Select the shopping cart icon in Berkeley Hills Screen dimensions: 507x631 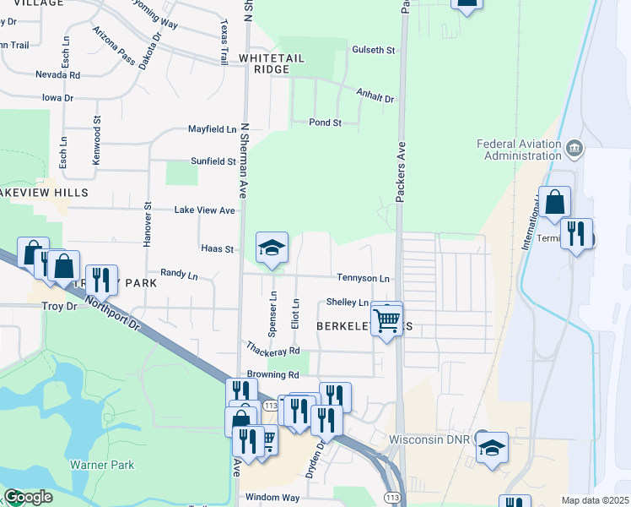[x=386, y=320]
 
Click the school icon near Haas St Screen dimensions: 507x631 [x=272, y=248]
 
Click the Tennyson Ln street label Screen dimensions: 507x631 [x=364, y=278]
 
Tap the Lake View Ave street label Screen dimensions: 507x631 [x=204, y=210]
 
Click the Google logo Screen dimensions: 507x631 [x=28, y=497]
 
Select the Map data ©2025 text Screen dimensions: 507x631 [x=595, y=500]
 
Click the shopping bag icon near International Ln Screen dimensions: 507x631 [x=555, y=203]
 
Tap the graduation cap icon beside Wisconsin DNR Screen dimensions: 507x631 [x=493, y=448]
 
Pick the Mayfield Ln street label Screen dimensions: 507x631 [x=212, y=129]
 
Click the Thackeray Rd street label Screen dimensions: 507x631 [x=273, y=348]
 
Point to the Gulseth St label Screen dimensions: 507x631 [x=374, y=51]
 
